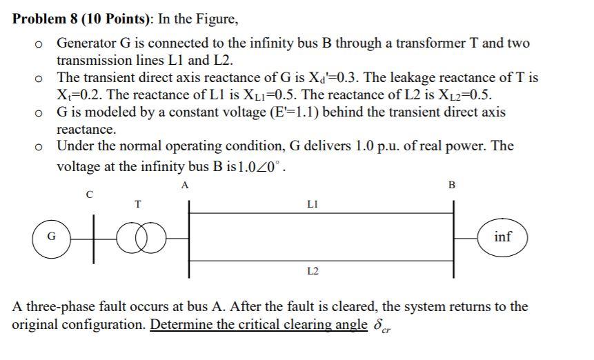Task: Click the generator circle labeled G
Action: point(50,238)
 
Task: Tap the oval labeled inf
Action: point(503,237)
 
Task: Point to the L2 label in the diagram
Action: point(312,272)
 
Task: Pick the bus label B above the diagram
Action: point(452,185)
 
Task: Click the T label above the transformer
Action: point(138,203)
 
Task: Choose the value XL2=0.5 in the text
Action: point(462,95)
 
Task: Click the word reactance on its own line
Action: point(86,129)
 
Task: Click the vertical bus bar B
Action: point(453,238)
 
